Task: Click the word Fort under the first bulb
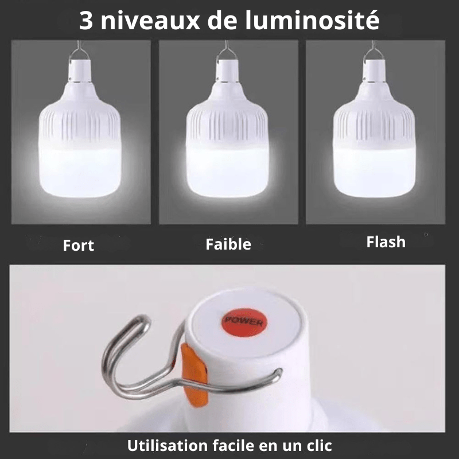[79, 246]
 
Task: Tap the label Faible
[228, 244]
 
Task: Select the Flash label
[386, 242]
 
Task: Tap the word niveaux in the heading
[150, 21]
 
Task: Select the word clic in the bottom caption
[316, 445]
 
